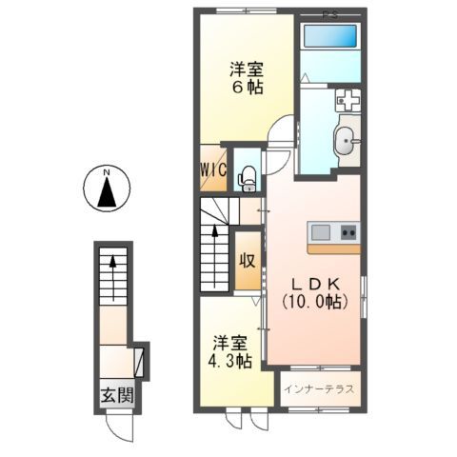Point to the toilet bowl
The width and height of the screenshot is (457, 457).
248,175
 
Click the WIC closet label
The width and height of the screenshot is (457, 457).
211,170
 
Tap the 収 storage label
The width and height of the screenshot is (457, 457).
246,261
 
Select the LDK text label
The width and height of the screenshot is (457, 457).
312,283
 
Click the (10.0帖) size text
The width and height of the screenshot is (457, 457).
312,302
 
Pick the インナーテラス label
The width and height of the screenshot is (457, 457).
321,390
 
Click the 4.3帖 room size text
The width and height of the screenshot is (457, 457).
231,362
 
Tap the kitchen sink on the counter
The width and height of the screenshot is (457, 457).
319,231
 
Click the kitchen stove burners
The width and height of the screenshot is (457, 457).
348,231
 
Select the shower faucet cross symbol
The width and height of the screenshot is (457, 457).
347,98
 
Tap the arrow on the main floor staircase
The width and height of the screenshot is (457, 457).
215,234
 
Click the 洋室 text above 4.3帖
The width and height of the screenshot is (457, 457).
231,343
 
